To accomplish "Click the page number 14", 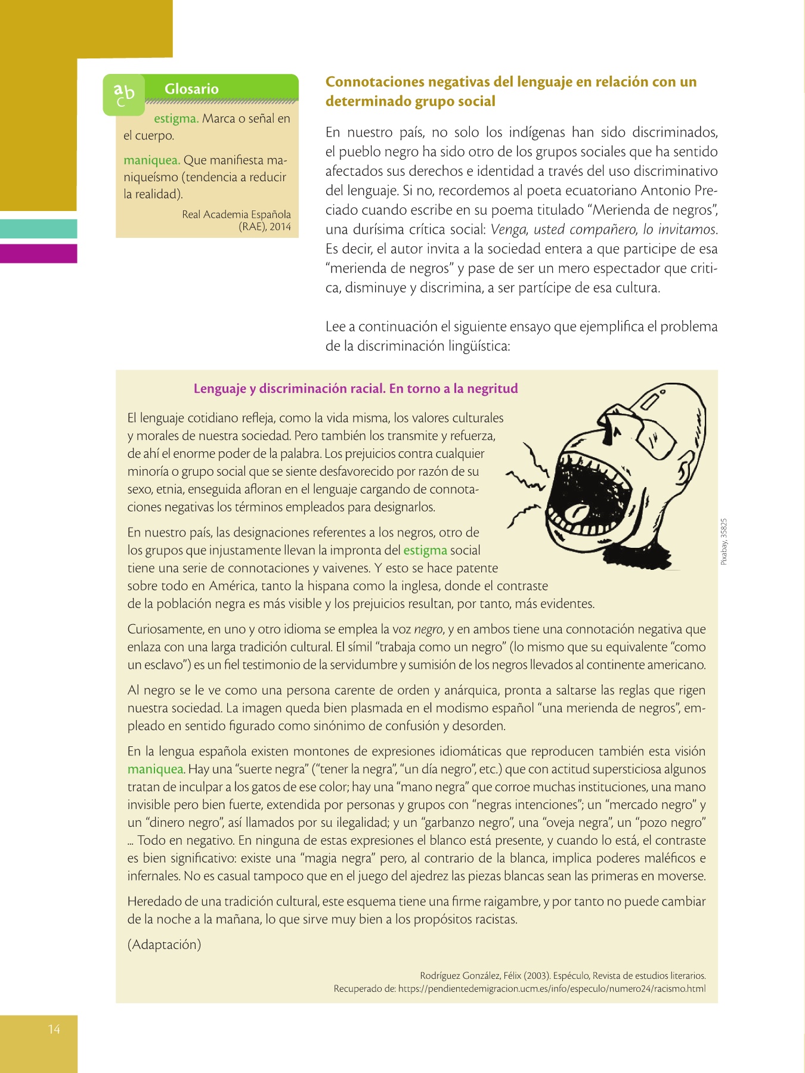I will pyautogui.click(x=54, y=1029).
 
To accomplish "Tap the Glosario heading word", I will pyautogui.click(x=191, y=89).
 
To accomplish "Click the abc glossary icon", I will pyautogui.click(x=124, y=94).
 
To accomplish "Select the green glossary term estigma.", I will pyautogui.click(x=176, y=119).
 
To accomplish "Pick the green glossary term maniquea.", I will pyautogui.click(x=151, y=160).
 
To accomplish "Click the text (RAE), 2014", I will pyautogui.click(x=265, y=227).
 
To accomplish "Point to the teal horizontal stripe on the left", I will pyautogui.click(x=38, y=229).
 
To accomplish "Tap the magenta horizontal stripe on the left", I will pyautogui.click(x=38, y=253).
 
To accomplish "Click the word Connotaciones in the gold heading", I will pyautogui.click(x=375, y=82).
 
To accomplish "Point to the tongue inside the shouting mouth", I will pyautogui.click(x=578, y=511).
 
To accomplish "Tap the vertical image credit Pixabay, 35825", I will pyautogui.click(x=724, y=542).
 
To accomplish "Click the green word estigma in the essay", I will pyautogui.click(x=425, y=550).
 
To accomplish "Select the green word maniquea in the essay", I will pyautogui.click(x=156, y=769).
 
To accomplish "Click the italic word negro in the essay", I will pyautogui.click(x=428, y=629).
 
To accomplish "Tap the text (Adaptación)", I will pyautogui.click(x=164, y=944).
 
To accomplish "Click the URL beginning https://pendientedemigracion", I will pyautogui.click(x=552, y=988).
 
